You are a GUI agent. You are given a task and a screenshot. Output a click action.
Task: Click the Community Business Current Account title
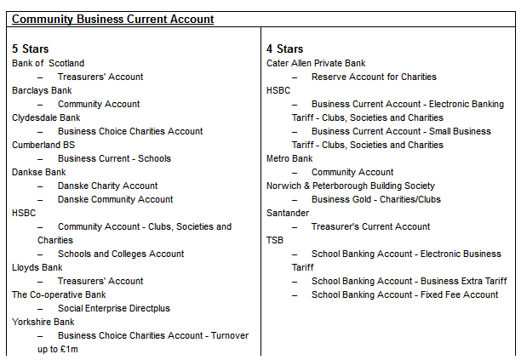click(112, 19)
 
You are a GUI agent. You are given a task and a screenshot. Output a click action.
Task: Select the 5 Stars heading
click(30, 49)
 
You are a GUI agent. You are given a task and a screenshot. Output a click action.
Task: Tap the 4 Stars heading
click(284, 49)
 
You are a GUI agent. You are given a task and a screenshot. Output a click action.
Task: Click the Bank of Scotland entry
click(48, 63)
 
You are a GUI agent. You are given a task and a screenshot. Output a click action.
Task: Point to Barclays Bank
click(42, 90)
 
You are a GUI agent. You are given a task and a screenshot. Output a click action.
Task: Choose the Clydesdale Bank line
click(46, 117)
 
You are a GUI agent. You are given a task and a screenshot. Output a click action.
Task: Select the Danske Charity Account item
click(107, 186)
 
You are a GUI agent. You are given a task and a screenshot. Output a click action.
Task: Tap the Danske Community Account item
click(115, 199)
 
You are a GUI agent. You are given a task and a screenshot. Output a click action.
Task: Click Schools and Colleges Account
click(121, 254)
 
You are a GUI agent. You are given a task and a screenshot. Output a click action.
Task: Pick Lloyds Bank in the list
click(37, 267)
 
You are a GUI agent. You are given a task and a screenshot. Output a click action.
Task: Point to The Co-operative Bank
click(59, 294)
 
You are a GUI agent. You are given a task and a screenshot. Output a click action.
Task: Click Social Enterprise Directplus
click(114, 308)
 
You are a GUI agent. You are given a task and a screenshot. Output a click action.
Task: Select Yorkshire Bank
click(43, 322)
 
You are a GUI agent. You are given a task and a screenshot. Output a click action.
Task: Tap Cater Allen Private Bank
click(316, 63)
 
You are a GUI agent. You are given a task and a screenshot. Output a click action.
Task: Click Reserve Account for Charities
click(374, 77)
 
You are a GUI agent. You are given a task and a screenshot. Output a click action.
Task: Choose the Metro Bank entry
click(289, 158)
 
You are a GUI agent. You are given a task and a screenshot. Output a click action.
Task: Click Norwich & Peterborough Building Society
click(350, 186)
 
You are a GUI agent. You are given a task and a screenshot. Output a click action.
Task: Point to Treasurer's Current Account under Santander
click(370, 226)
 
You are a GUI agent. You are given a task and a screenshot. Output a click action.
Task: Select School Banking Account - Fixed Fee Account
click(404, 294)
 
